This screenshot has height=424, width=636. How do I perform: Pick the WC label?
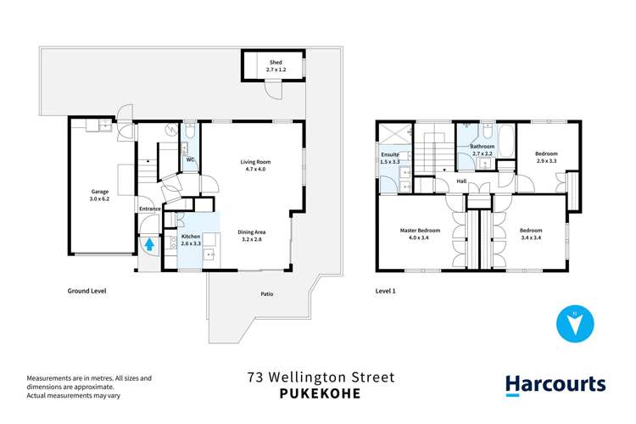tap(191, 158)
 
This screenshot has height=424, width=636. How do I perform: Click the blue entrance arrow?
tap(149, 245)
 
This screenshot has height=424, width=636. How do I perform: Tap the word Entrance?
tap(150, 208)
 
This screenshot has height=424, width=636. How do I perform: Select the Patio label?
tap(266, 294)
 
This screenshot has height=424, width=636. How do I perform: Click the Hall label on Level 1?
tap(462, 181)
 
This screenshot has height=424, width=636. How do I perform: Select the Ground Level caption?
tap(87, 291)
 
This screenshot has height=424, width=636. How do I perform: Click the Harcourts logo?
tap(555, 384)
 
